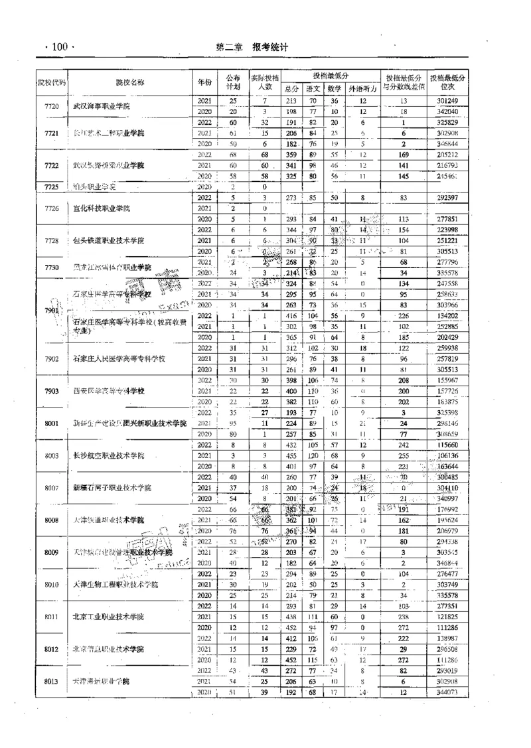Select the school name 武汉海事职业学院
pyautogui.click(x=101, y=106)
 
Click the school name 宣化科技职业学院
pyautogui.click(x=102, y=208)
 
